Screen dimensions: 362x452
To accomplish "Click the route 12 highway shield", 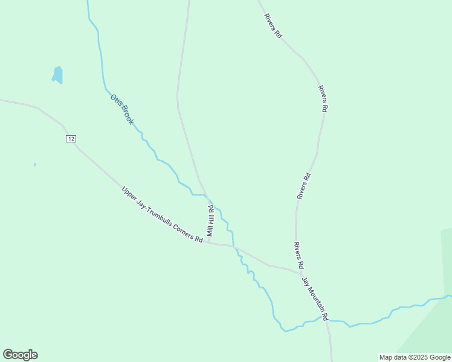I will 71,139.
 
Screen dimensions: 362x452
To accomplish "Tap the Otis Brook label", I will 121,109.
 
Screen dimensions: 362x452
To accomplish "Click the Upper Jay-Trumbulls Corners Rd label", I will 162,214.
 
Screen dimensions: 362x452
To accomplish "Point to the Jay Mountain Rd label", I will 315,299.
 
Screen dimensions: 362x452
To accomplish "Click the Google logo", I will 20,355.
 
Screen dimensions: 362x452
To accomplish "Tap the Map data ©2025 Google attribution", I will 415,357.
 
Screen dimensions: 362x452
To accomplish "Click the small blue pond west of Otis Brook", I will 58,75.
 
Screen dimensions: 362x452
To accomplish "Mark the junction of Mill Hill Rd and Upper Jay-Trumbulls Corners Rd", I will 208,243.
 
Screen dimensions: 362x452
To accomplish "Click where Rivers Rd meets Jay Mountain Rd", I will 302,275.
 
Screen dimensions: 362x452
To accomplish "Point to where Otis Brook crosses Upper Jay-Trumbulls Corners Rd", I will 234,246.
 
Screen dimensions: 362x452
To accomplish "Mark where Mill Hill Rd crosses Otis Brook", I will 207,195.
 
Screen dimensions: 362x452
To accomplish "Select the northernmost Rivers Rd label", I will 273,26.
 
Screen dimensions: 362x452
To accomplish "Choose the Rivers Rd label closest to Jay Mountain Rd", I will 298,255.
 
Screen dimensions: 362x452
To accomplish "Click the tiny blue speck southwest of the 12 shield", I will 35,164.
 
